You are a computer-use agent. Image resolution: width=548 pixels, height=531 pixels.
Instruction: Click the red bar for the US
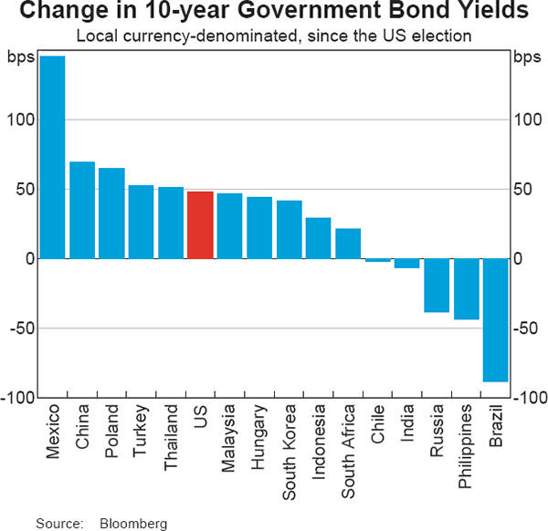click(200, 225)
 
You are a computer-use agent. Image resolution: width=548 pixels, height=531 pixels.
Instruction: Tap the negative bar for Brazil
click(495, 319)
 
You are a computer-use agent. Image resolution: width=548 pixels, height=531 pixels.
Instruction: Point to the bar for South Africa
click(348, 244)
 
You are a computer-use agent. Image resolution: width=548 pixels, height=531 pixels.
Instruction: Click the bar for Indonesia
click(318, 238)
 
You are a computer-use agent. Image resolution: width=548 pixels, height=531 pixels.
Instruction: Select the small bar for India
click(406, 264)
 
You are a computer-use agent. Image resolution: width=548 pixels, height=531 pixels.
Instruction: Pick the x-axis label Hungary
click(259, 436)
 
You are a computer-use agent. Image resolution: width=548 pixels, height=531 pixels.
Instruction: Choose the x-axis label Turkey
click(142, 430)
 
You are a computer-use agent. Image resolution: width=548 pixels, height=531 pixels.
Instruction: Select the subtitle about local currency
click(273, 37)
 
